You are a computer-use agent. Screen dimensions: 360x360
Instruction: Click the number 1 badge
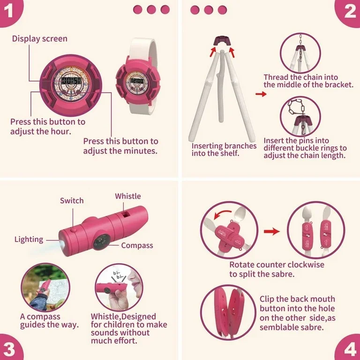[x=9, y=10]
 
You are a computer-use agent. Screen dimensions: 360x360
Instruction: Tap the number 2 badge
[x=349, y=11]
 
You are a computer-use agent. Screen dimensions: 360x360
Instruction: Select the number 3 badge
[x=9, y=349]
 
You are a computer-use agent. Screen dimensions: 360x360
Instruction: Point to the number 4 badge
[x=349, y=349]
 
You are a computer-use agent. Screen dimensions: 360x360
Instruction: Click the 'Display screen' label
[x=40, y=39]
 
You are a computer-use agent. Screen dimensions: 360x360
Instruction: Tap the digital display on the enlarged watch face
[x=71, y=81]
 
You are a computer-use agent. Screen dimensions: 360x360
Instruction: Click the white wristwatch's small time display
[x=137, y=81]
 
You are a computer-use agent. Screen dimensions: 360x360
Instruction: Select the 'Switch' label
[x=72, y=201]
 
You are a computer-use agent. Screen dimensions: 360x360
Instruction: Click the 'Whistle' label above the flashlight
[x=128, y=196]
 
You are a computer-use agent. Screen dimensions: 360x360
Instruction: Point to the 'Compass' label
[x=137, y=246]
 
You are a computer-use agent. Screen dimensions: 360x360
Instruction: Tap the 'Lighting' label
[x=29, y=240]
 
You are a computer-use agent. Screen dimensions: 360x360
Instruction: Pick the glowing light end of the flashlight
[x=62, y=244]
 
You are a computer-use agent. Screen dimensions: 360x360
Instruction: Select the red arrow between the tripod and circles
[x=261, y=94]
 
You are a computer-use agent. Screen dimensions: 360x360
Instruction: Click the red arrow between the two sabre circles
[x=272, y=232]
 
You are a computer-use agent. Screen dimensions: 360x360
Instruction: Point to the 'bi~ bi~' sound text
[x=118, y=275]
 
